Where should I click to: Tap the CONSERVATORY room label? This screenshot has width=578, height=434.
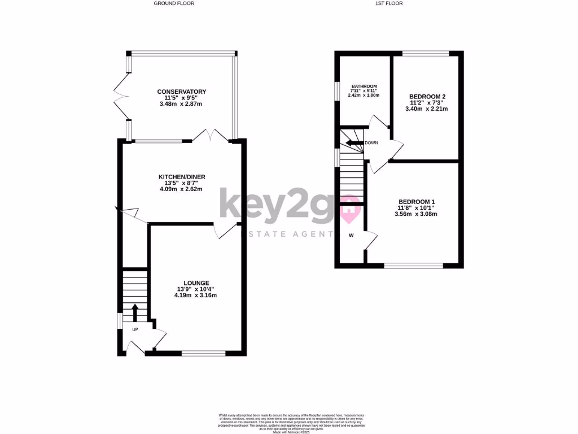click(182, 92)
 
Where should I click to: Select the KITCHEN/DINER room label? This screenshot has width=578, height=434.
click(182, 177)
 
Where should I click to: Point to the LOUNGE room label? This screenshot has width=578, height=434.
click(196, 283)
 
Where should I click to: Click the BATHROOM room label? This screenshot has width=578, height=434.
click(364, 86)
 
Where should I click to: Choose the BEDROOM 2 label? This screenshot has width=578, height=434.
click(427, 97)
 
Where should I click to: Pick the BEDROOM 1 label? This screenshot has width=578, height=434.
click(417, 202)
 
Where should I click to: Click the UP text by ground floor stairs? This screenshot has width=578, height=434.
click(135, 329)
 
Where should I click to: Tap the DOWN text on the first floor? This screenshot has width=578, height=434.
click(371, 142)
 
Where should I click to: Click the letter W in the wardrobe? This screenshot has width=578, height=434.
click(351, 235)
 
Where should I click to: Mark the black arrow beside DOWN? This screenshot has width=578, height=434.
click(354, 143)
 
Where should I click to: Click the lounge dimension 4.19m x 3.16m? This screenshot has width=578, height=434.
click(196, 295)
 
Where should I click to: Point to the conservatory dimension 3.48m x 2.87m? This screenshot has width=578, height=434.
click(182, 104)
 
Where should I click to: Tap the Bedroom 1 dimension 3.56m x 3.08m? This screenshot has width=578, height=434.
click(417, 214)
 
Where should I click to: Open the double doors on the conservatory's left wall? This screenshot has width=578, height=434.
click(120, 97)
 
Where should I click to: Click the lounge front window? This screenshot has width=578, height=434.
click(204, 354)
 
